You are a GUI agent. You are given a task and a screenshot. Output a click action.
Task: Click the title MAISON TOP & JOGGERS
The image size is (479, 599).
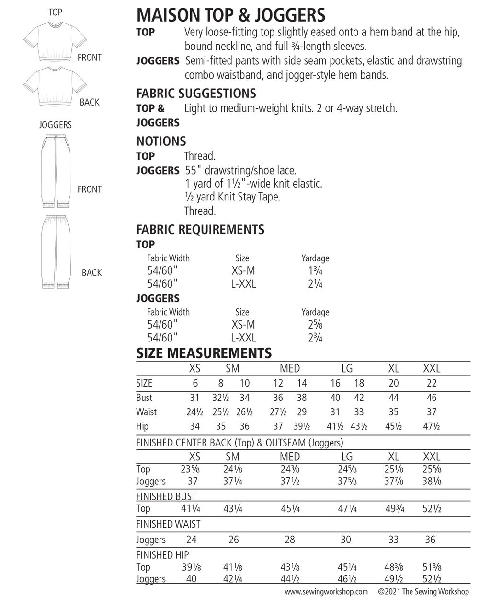coord(231,15)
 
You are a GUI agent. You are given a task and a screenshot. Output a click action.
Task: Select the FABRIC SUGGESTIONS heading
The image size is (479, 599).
coord(196,93)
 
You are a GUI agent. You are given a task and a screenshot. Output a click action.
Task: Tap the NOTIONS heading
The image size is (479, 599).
coord(161,141)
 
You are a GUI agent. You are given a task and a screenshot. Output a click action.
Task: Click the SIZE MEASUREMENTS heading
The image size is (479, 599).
coord(204,353)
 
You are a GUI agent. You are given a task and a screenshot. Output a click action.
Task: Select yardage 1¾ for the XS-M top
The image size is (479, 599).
coord(315,271)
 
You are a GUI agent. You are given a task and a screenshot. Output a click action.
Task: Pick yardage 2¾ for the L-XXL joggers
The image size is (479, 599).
coord(315,338)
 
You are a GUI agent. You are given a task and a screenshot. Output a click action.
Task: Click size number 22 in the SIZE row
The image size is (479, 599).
coord(431,383)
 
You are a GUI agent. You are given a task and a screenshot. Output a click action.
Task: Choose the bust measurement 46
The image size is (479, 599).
coord(431,398)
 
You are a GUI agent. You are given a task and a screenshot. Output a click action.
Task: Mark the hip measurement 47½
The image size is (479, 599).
coord(431,426)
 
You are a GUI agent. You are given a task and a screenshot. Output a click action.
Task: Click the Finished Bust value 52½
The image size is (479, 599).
coord(432,509)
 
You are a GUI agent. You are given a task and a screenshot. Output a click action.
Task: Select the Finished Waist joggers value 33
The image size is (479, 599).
coord(393,540)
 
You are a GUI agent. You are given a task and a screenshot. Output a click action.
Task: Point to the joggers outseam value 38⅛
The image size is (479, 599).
coord(432,482)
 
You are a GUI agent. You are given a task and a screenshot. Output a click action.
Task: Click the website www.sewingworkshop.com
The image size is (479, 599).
coord(327,591)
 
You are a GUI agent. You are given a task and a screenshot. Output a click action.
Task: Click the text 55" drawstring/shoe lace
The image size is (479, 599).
coord(240,170)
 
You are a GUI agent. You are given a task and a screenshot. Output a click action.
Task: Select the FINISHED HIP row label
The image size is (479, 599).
coord(162,555)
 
